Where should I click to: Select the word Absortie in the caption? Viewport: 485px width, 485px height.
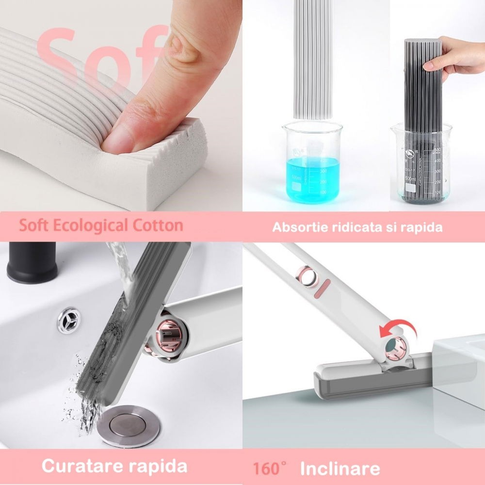point(296,227)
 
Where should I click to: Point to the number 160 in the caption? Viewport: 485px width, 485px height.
point(267,469)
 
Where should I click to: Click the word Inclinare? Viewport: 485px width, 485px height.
point(339,469)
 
